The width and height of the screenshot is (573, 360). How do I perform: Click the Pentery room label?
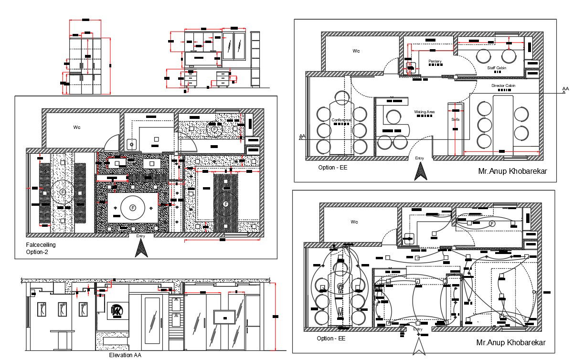click(x=435, y=61)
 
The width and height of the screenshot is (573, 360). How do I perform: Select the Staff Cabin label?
click(x=497, y=68)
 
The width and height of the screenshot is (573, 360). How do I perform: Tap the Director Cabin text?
click(x=503, y=86)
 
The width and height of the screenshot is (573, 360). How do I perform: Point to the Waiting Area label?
click(x=424, y=112)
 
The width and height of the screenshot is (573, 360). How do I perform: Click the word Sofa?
click(x=455, y=119)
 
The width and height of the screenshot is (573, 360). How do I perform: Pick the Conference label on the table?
click(x=341, y=120)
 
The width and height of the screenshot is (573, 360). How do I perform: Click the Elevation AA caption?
click(x=125, y=355)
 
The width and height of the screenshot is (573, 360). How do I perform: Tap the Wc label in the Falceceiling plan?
click(x=77, y=127)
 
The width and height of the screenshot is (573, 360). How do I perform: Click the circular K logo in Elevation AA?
click(x=116, y=311)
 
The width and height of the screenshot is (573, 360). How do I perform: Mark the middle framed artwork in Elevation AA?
click(x=62, y=309)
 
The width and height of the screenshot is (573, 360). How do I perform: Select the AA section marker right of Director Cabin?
click(x=565, y=89)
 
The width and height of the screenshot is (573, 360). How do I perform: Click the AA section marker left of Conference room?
click(x=302, y=137)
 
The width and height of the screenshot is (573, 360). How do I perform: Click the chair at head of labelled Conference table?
click(x=342, y=98)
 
